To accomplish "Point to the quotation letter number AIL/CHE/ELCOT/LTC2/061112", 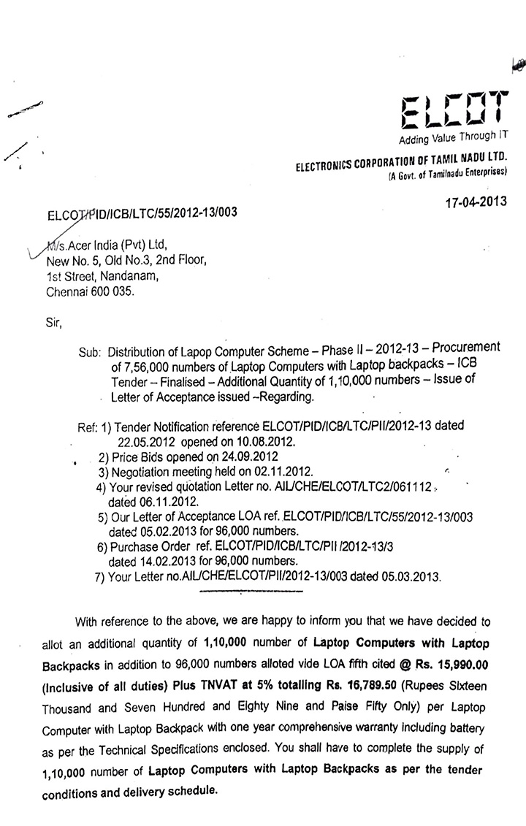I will tap(354, 488).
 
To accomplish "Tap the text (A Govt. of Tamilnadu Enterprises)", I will tap(448, 172).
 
